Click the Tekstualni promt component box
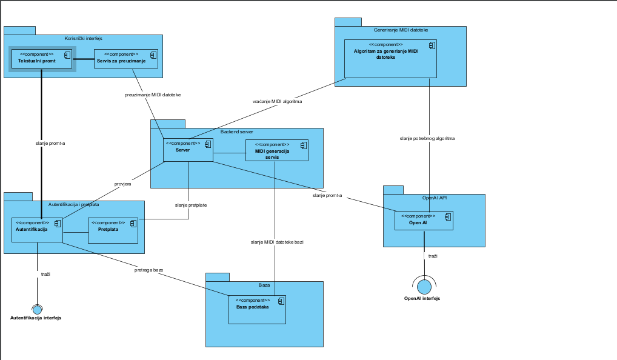(x=42, y=59)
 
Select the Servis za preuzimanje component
(x=126, y=59)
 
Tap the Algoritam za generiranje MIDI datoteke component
(x=390, y=59)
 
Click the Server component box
(x=188, y=150)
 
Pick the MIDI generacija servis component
(x=277, y=150)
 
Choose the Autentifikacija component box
(x=37, y=230)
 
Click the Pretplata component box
(x=113, y=230)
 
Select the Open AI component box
(x=424, y=221)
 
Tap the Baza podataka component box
(x=258, y=310)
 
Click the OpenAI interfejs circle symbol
(x=424, y=287)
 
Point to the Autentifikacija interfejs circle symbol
(x=37, y=310)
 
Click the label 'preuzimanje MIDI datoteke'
(x=153, y=95)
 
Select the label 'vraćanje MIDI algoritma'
(x=278, y=101)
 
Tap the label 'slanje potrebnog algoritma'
(x=427, y=139)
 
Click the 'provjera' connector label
(x=123, y=184)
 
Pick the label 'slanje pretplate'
(x=191, y=205)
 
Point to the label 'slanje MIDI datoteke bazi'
(x=277, y=242)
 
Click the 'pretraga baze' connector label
(x=148, y=270)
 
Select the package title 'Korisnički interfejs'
(x=84, y=39)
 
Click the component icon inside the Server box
(x=208, y=144)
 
